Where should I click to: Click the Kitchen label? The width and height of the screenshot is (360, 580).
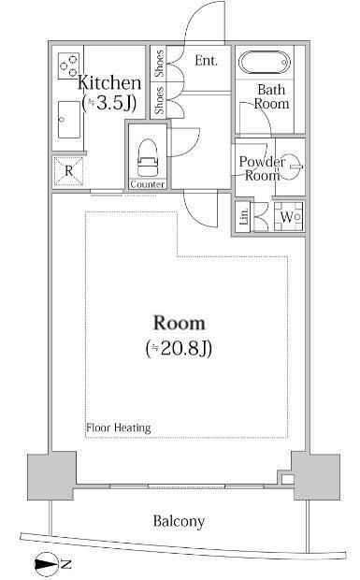pyautogui.click(x=109, y=82)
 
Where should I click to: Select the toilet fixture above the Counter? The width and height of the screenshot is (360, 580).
pyautogui.click(x=148, y=158)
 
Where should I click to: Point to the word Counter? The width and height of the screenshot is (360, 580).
pyautogui.click(x=148, y=184)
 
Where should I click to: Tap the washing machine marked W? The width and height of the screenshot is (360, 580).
pyautogui.click(x=288, y=217)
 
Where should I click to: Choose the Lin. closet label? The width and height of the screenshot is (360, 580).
pyautogui.click(x=244, y=217)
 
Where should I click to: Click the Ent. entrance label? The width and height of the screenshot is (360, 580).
pyautogui.click(x=206, y=61)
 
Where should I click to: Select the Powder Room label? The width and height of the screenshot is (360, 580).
pyautogui.click(x=261, y=168)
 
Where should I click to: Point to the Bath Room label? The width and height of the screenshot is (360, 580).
pyautogui.click(x=272, y=97)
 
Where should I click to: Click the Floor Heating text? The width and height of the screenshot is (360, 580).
pyautogui.click(x=119, y=428)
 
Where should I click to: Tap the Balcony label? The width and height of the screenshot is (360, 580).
pyautogui.click(x=180, y=521)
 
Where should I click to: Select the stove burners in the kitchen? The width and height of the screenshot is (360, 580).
pyautogui.click(x=68, y=65)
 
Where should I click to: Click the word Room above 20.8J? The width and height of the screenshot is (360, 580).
pyautogui.click(x=179, y=324)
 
